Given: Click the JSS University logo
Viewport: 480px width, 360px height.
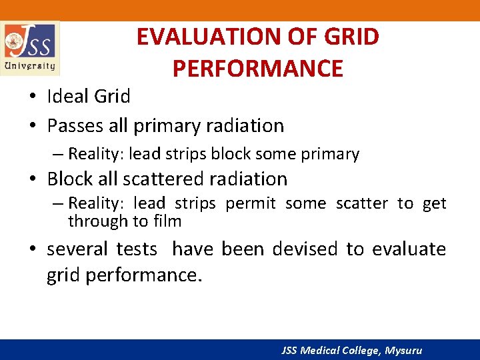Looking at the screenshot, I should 30,47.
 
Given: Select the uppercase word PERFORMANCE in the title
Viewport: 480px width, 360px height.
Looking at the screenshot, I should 257,68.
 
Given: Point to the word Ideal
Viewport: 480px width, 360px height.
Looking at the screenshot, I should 69,97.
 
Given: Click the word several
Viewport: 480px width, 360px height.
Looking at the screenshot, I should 77,249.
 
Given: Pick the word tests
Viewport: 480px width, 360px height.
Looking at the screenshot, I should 137,249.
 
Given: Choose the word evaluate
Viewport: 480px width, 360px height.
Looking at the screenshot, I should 409,249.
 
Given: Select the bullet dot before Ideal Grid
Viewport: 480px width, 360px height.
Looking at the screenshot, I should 32,97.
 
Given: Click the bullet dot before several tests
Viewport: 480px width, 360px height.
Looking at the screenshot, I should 32,250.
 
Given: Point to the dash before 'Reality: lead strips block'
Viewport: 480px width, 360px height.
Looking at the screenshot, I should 57,154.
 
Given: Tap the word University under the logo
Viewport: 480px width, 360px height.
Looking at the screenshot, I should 30,66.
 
